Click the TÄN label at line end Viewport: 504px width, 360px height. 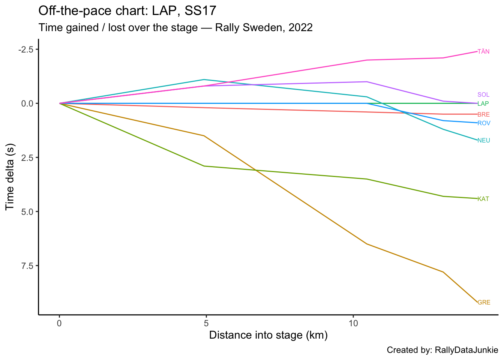click(x=483, y=52)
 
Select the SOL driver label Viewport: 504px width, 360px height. click(x=483, y=95)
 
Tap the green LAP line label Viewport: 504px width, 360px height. click(x=483, y=103)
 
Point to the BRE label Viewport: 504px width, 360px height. click(x=483, y=115)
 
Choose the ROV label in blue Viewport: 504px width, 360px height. click(x=484, y=123)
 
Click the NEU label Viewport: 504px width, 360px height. click(x=484, y=141)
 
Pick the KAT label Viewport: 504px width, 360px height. click(x=483, y=199)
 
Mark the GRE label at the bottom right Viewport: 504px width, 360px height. click(x=484, y=303)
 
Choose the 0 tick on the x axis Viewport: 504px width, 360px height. click(x=59, y=322)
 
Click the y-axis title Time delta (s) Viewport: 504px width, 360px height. click(x=10, y=176)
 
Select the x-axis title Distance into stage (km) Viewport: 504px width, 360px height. click(x=268, y=335)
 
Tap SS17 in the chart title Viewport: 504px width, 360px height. click(x=201, y=10)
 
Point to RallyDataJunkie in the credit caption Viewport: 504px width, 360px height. click(x=466, y=350)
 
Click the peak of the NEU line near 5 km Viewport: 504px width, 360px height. click(x=204, y=79)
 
